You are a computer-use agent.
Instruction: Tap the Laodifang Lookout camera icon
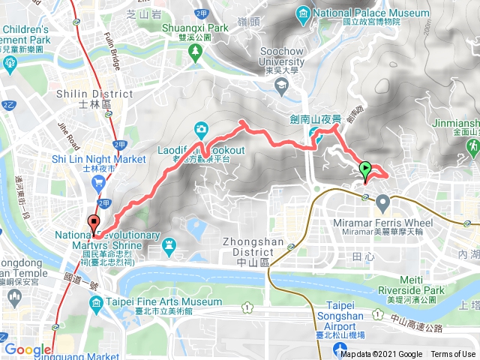coord(200,127)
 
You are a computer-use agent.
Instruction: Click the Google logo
coord(28,349)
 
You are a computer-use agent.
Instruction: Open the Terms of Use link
coord(453,355)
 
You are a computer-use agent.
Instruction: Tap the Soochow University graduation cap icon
coord(280,86)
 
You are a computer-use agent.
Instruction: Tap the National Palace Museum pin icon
coord(303,13)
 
